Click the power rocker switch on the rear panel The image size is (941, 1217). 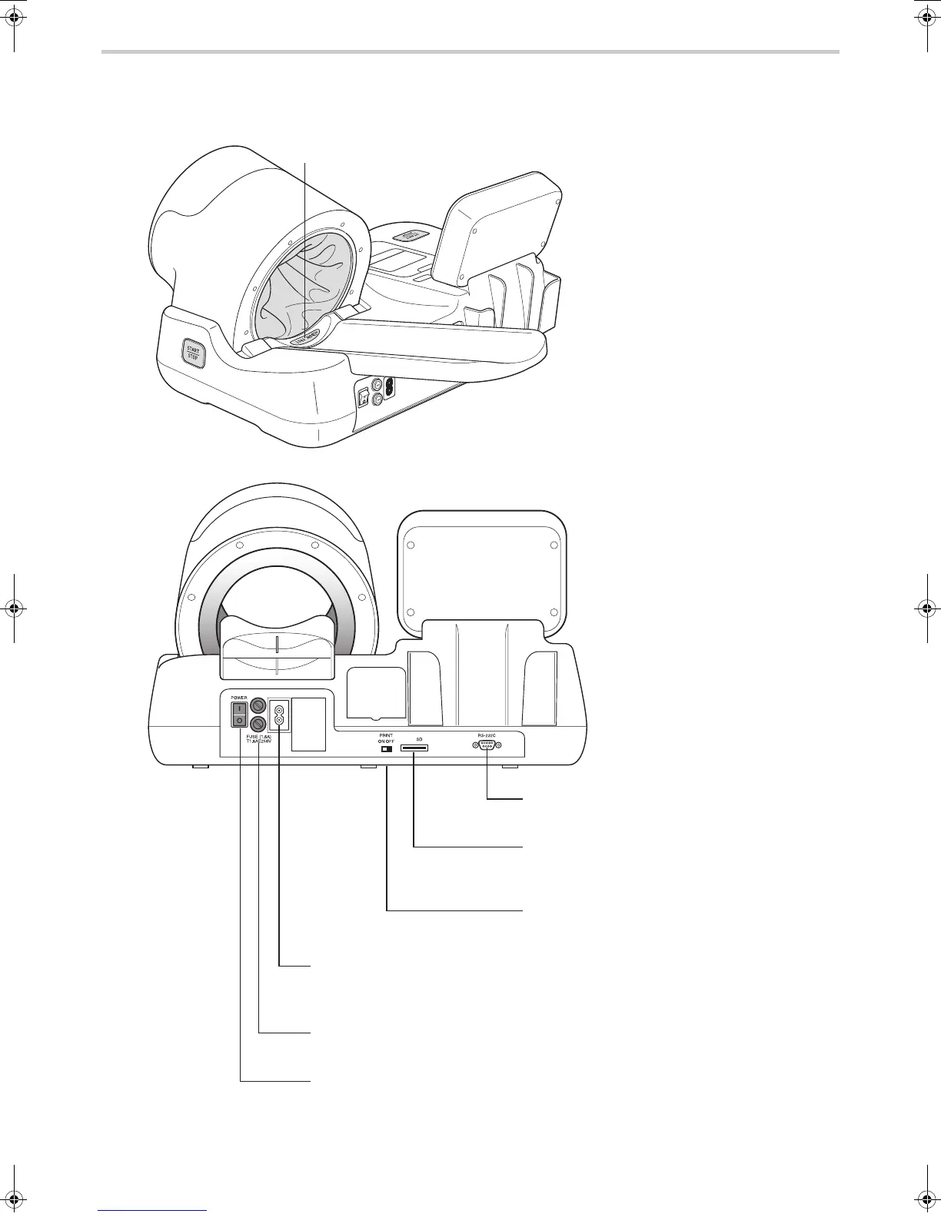point(240,715)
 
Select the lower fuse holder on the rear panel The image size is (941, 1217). point(259,724)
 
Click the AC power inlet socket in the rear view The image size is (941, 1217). point(279,715)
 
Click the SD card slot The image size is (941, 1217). point(414,748)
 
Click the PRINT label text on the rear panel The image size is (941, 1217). point(386,735)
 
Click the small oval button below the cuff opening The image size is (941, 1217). point(305,337)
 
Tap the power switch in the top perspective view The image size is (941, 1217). point(362,398)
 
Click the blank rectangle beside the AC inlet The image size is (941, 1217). point(309,724)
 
